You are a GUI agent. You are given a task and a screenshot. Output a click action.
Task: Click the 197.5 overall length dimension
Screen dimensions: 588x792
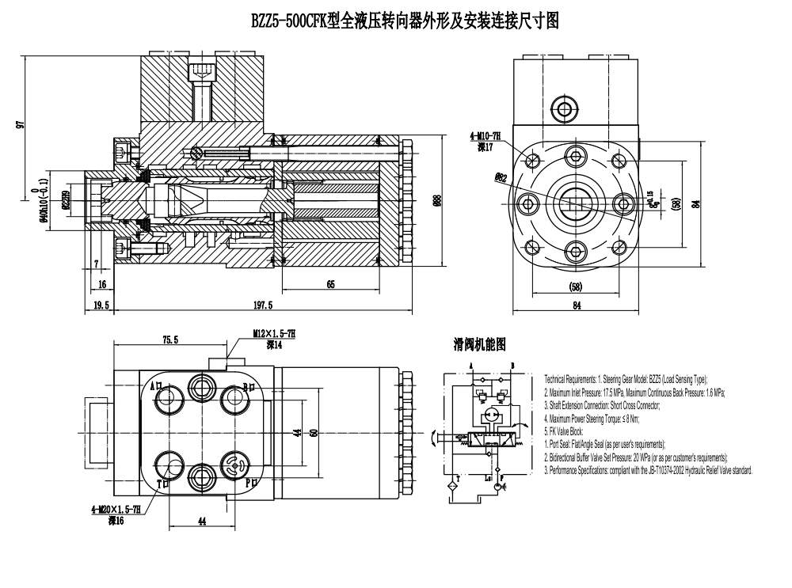262,305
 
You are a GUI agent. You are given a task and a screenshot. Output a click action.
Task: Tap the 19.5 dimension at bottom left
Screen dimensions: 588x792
101,305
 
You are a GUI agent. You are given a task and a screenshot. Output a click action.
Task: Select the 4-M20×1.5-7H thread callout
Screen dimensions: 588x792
117,511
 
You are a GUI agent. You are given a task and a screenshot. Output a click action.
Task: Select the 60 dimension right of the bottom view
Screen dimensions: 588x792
314,433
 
